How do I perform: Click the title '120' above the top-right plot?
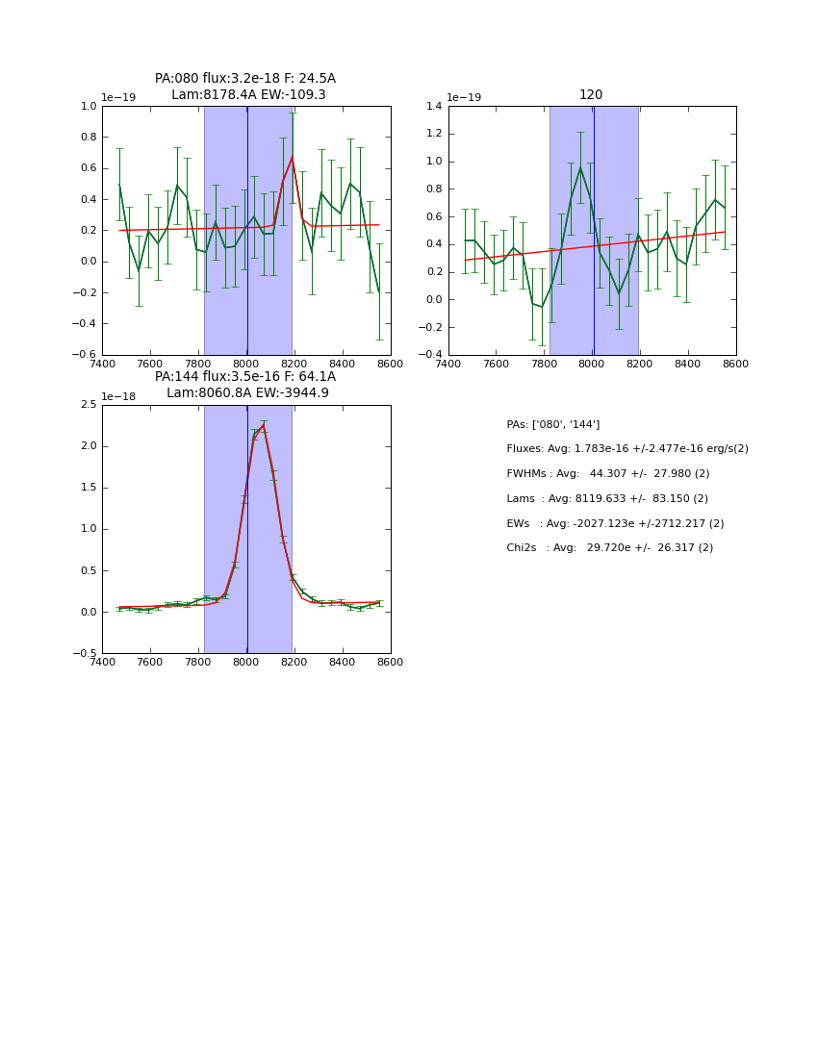(x=591, y=94)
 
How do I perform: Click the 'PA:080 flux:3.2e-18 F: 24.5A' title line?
(x=245, y=79)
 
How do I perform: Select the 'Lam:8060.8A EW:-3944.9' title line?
(x=247, y=392)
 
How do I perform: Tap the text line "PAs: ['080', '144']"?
(x=552, y=424)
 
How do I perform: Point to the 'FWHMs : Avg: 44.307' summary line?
(x=607, y=473)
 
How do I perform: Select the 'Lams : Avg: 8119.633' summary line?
(x=606, y=498)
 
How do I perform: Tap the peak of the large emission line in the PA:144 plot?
(x=263, y=425)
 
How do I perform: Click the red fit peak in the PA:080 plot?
(x=292, y=158)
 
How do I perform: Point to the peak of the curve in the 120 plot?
(x=579, y=168)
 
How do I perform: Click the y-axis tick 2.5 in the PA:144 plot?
(x=89, y=405)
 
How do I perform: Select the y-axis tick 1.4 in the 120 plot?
(x=435, y=106)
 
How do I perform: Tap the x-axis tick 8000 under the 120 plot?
(x=592, y=364)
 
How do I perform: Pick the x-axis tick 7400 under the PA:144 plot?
(x=102, y=662)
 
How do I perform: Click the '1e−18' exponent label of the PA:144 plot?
(x=118, y=396)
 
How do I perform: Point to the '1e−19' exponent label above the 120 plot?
(x=464, y=98)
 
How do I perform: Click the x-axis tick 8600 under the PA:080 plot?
(x=391, y=364)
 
